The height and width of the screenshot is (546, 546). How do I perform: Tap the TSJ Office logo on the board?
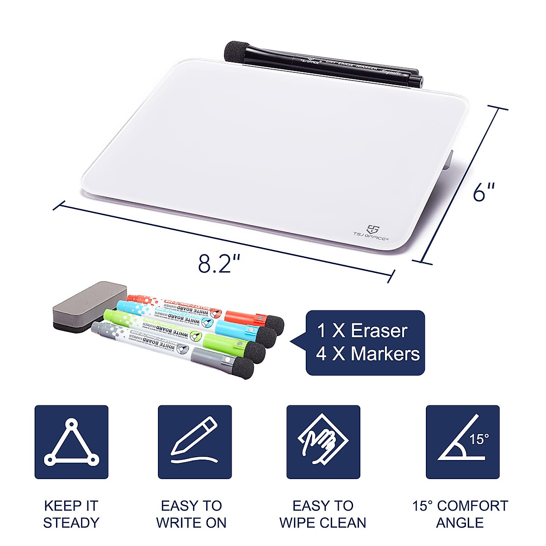[x=371, y=233]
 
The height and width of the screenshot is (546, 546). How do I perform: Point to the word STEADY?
[x=71, y=522]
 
